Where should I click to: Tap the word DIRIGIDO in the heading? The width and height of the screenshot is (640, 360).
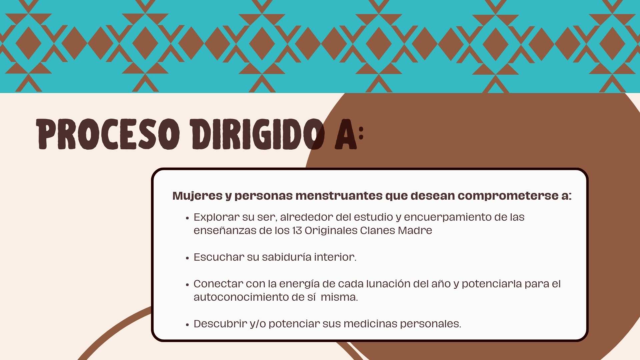[x=257, y=134]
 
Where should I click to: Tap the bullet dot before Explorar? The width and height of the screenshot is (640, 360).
[x=187, y=218]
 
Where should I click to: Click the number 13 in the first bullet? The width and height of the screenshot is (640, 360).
[x=297, y=230]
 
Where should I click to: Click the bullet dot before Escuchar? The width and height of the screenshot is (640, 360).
[x=187, y=258]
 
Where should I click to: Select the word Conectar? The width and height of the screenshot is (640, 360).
[x=218, y=284]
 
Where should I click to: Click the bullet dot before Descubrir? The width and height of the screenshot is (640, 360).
[x=187, y=325]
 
